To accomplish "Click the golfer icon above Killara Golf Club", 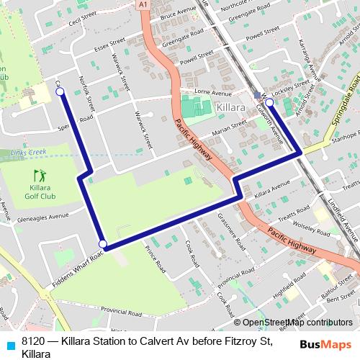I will (40, 175).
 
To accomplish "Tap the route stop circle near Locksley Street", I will (269, 102).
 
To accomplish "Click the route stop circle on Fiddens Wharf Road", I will (103, 244).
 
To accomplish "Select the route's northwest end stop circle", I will (60, 91).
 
